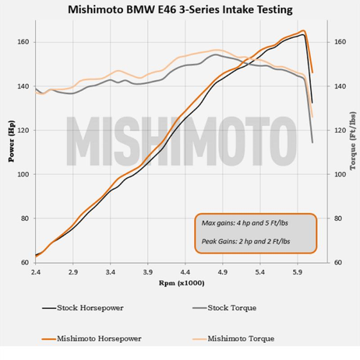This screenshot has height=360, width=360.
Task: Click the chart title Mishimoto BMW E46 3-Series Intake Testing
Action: (180, 11)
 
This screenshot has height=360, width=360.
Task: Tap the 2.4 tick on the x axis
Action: (35, 273)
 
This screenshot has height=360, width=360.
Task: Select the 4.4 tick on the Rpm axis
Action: (185, 273)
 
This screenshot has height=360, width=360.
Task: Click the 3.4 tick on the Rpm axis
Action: (110, 273)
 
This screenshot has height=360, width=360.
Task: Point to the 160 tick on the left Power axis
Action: (23, 42)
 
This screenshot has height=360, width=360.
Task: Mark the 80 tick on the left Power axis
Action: (25, 219)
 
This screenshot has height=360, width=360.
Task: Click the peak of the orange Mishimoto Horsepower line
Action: (303, 31)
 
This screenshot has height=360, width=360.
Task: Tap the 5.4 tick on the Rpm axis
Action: (260, 273)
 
